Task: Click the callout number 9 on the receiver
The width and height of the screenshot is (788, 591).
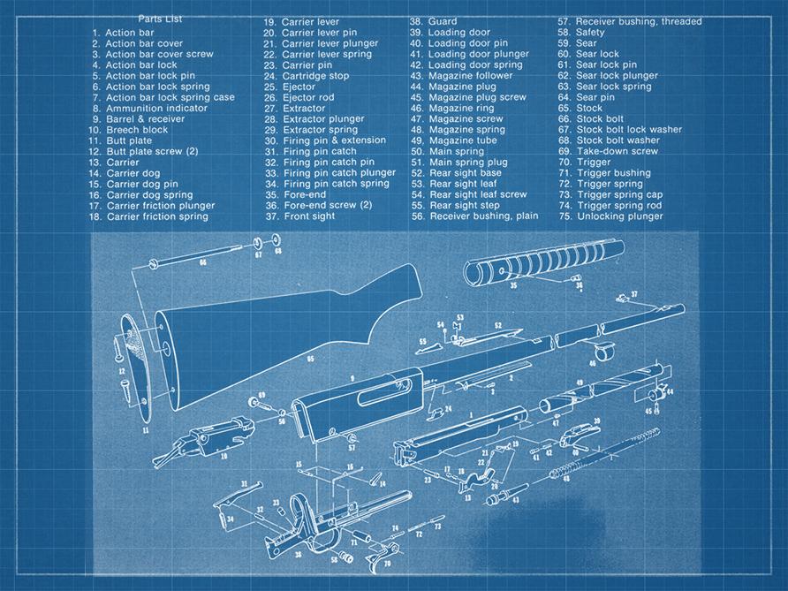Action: click(352, 378)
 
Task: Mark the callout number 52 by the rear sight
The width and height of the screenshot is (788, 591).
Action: click(497, 326)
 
